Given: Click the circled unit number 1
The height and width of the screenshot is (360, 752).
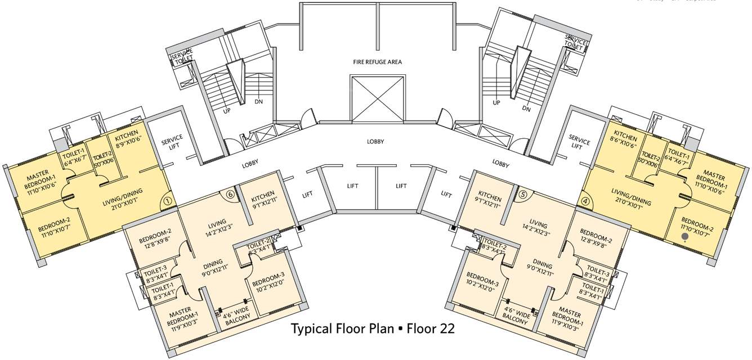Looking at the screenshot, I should coord(167,200).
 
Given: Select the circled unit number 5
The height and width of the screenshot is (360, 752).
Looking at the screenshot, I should coord(523,194).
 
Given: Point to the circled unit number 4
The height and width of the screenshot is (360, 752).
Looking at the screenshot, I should coord(585,200).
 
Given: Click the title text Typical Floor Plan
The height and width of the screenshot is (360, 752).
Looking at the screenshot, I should coord(343,328).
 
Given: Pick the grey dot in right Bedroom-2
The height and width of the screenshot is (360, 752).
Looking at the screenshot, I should coord(684,237).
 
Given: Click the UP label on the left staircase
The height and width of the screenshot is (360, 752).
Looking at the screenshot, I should coord(227,111).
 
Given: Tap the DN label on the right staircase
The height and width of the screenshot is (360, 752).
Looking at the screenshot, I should coord(526,109).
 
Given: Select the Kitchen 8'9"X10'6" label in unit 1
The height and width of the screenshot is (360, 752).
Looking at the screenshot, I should coord(127,141).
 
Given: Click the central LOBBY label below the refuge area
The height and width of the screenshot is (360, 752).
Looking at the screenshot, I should coord(375,142).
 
